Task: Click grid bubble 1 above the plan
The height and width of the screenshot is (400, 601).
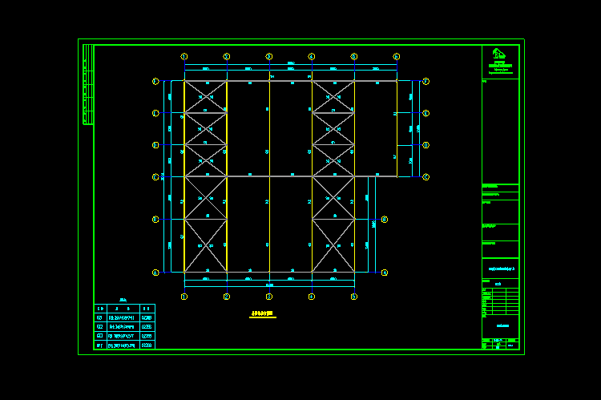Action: (x=184, y=57)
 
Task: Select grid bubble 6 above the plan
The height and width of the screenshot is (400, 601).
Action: (x=396, y=57)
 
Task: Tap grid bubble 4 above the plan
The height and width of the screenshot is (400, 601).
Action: (x=312, y=57)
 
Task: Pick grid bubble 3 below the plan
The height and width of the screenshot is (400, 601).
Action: (x=269, y=297)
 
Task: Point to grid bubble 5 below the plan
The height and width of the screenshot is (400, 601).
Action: (x=353, y=297)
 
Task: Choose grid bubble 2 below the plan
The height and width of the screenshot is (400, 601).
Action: (x=227, y=297)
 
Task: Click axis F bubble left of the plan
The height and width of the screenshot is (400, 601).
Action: (x=155, y=81)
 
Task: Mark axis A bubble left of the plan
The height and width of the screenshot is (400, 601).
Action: (x=155, y=273)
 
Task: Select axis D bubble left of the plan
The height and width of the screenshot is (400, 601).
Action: (x=155, y=145)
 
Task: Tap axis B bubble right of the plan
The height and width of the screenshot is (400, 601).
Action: (x=385, y=219)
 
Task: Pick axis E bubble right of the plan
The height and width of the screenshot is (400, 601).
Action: (x=426, y=113)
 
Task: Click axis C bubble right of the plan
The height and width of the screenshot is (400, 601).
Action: (x=426, y=176)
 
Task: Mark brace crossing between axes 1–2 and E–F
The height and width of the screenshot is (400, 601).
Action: (x=205, y=97)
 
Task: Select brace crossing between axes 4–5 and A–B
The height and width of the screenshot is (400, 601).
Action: (x=333, y=246)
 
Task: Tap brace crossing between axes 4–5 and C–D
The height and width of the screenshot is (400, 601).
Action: (x=333, y=160)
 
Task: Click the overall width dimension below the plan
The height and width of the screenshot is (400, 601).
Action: (x=269, y=285)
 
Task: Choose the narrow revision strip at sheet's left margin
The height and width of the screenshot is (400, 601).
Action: (x=87, y=85)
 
